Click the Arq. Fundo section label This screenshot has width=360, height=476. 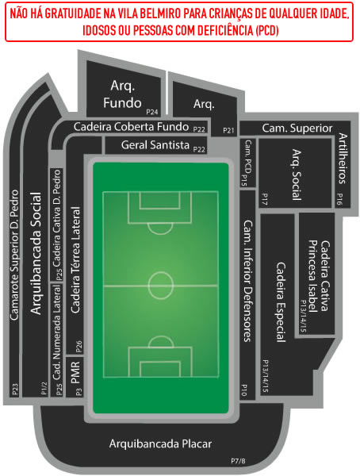[x=122, y=94]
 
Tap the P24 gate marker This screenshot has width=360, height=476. [x=152, y=112]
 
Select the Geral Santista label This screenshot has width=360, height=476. [x=155, y=145]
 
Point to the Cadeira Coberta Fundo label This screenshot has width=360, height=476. [x=131, y=127]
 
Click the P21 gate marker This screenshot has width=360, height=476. [x=228, y=130]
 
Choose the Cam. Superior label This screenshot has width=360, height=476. [x=297, y=128]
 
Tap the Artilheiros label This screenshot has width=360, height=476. [x=343, y=158]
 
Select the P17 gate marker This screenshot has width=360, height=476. [x=264, y=199]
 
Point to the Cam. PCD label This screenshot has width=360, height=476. [x=248, y=156]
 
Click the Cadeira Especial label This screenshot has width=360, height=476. [x=281, y=302]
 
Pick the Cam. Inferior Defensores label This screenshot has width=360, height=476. [x=248, y=281]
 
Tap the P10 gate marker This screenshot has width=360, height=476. [x=244, y=390]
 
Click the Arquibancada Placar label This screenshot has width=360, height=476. [x=160, y=443]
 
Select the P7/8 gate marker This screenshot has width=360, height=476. [x=238, y=461]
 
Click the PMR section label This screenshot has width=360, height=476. [x=75, y=373]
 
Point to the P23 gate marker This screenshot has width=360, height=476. [x=15, y=390]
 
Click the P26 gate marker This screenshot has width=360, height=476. [x=79, y=347]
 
